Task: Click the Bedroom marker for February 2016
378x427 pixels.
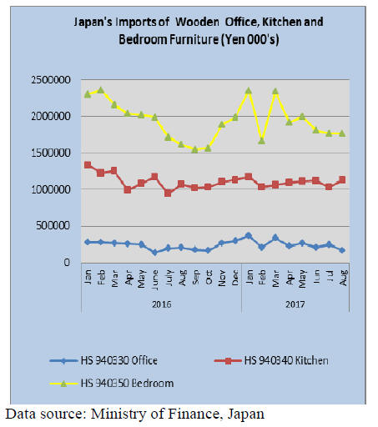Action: (101, 90)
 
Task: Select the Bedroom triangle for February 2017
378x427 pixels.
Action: (262, 141)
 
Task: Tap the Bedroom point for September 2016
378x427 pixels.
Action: (194, 150)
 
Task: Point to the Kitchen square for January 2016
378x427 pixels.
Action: (88, 165)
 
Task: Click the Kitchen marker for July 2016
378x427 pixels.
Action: (168, 193)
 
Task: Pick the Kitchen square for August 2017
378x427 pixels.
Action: (342, 180)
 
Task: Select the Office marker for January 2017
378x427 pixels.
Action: (249, 236)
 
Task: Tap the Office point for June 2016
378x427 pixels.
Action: (154, 252)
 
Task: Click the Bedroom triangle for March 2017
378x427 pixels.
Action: (275, 91)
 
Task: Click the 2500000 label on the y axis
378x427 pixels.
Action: (51, 80)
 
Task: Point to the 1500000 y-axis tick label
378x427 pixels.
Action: (51, 153)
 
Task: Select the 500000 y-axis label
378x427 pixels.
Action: (53, 225)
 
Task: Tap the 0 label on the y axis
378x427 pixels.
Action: (67, 262)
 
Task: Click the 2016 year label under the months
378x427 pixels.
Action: (161, 304)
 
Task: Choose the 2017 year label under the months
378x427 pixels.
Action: (295, 304)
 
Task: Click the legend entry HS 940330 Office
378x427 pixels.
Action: (103, 360)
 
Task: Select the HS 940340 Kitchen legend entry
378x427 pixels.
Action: (271, 360)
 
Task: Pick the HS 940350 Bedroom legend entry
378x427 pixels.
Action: (112, 384)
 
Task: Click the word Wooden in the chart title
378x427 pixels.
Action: (197, 22)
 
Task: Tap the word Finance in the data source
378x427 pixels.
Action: (193, 414)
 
